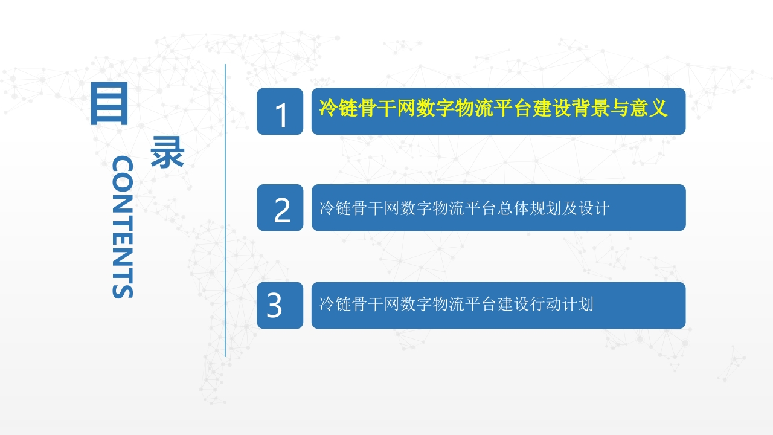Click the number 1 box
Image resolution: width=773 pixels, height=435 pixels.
[x=280, y=111]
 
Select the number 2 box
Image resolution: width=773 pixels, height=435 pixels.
[x=280, y=207]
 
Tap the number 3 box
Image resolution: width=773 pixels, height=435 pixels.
[x=280, y=305]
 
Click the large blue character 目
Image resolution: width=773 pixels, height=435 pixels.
[x=109, y=103]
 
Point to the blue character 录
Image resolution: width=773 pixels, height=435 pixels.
[x=167, y=152]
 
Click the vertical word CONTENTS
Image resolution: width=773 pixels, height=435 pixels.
[x=123, y=227]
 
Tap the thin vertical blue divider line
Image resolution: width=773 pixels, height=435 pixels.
[x=225, y=210]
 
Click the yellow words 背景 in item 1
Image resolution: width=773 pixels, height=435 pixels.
[x=590, y=108]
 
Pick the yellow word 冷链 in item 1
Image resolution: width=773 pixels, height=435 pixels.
[x=338, y=108]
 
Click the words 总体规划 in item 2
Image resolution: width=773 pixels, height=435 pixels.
[x=528, y=208]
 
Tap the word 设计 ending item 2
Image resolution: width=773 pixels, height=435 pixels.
[x=594, y=208]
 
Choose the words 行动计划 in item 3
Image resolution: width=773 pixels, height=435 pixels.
[x=561, y=304]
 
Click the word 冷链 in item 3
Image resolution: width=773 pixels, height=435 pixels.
[x=335, y=304]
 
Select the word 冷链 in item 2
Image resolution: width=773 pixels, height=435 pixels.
[x=335, y=208]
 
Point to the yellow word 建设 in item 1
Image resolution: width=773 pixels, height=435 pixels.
[x=551, y=108]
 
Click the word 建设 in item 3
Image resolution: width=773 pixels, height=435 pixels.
[x=513, y=304]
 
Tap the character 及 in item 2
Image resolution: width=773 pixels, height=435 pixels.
[x=569, y=208]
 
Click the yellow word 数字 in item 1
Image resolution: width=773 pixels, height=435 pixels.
[x=435, y=108]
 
